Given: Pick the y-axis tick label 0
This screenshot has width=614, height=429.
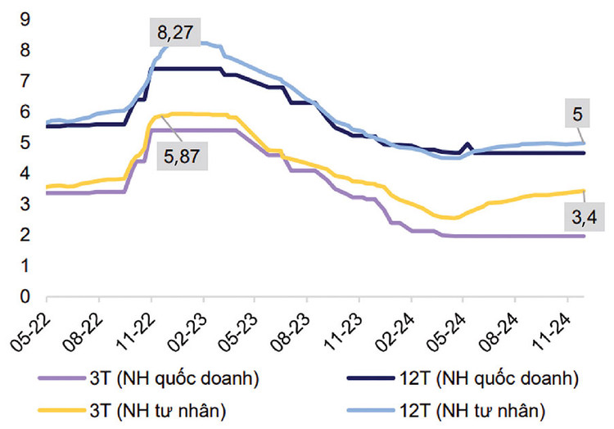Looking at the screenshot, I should (x=25, y=296).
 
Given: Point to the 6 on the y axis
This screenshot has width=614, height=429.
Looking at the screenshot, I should (x=25, y=111).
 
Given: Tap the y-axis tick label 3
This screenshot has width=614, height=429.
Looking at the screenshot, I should (x=25, y=204).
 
